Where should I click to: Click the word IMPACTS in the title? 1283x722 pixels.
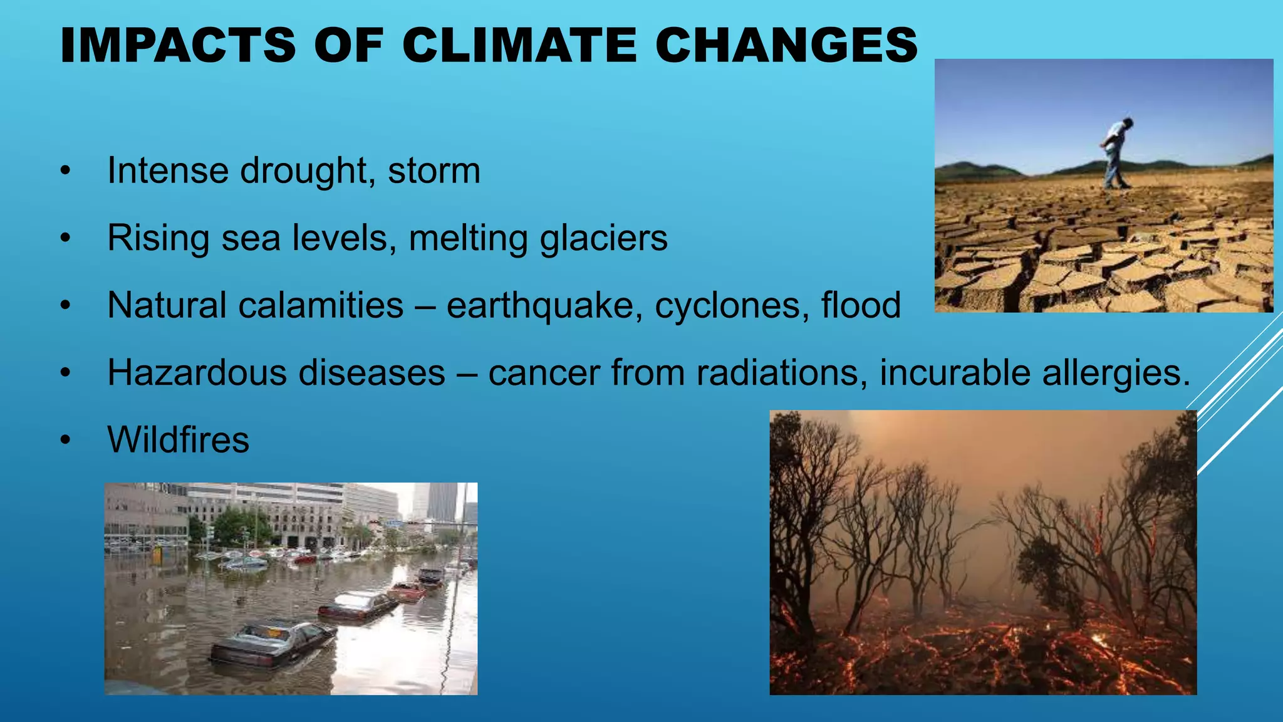click(x=178, y=45)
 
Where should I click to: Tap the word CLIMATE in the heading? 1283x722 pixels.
click(x=519, y=45)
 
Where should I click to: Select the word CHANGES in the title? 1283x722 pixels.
click(x=786, y=45)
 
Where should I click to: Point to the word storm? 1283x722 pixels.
click(x=434, y=171)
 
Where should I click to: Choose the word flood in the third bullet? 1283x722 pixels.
click(x=861, y=306)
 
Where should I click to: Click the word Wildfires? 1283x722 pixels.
click(x=179, y=440)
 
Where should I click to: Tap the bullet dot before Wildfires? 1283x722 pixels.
click(x=66, y=441)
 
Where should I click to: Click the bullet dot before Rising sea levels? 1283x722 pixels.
click(x=66, y=239)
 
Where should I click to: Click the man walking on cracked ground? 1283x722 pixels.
click(x=1116, y=154)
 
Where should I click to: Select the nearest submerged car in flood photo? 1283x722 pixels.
click(x=273, y=642)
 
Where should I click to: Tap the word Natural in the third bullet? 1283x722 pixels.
click(x=165, y=306)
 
